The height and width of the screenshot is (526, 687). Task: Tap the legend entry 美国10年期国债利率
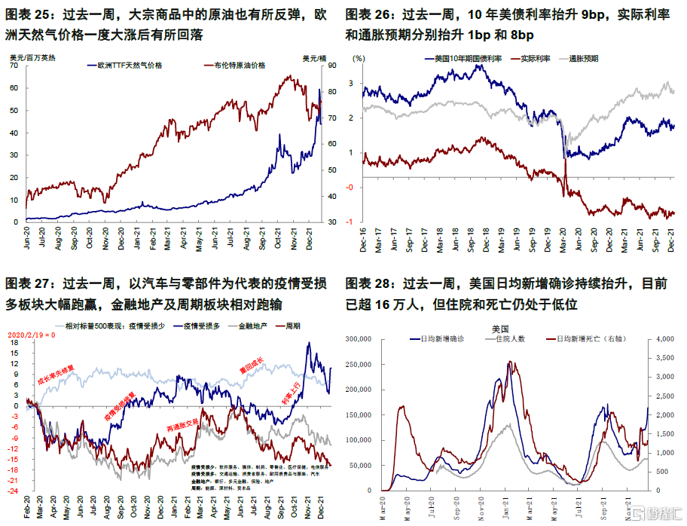point(468,58)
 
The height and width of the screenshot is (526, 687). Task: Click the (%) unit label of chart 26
point(359,57)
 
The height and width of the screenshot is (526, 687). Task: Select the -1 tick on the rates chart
point(351,222)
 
